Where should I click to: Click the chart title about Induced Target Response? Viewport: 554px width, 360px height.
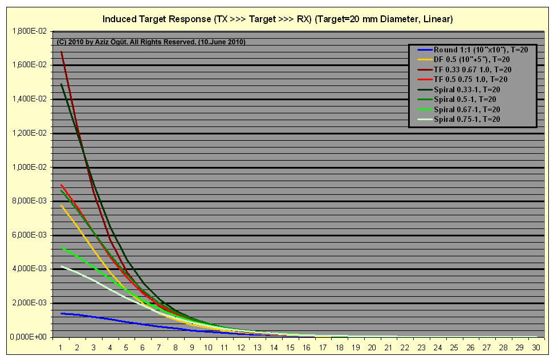point(278,19)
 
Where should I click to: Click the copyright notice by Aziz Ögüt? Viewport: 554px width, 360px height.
point(151,42)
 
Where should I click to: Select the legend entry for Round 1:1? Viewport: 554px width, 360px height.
point(472,50)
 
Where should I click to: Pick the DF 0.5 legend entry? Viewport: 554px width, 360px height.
point(463,60)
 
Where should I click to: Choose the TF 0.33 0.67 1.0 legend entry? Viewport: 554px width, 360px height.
point(465,69)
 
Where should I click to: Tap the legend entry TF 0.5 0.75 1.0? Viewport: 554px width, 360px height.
point(462,79)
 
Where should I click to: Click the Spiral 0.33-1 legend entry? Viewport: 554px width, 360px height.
point(459,89)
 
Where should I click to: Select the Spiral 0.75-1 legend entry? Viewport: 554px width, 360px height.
point(459,119)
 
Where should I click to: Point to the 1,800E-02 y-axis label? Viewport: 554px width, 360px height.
point(29,31)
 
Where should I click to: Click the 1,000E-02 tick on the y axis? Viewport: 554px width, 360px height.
point(29,167)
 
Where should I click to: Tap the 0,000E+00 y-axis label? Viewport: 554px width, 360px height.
point(28,337)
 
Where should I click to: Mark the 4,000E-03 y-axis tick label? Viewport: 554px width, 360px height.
point(29,269)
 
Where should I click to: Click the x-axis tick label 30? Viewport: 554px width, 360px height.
point(536,347)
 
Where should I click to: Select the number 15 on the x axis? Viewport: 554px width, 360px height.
point(290,347)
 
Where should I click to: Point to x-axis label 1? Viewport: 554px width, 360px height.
point(61,347)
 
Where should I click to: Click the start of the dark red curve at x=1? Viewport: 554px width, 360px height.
point(62,51)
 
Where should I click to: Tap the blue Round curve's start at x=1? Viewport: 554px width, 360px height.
point(61,313)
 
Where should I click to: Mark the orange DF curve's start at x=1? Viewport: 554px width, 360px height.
point(61,205)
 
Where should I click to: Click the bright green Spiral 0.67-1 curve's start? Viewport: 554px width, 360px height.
point(61,247)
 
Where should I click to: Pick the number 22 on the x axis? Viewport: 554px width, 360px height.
point(405,347)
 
